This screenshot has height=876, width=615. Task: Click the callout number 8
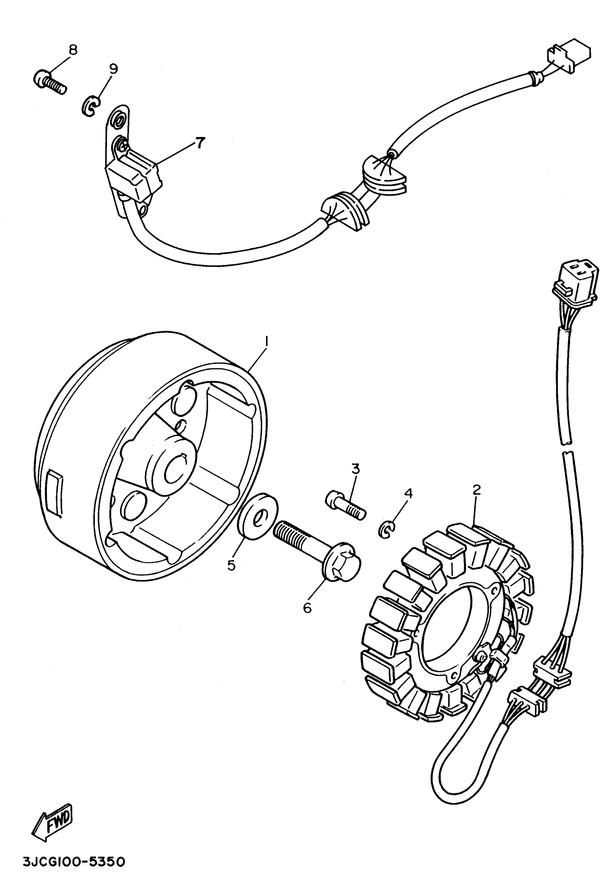(72, 50)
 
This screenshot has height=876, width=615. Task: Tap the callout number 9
(113, 69)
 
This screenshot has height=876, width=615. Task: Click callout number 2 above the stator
(476, 490)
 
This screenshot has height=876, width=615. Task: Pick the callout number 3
(355, 469)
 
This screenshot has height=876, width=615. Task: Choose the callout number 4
(408, 493)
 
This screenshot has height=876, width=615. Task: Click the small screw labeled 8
(50, 82)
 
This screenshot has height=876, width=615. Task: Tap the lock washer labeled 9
(90, 106)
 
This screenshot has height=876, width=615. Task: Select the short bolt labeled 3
(345, 505)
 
